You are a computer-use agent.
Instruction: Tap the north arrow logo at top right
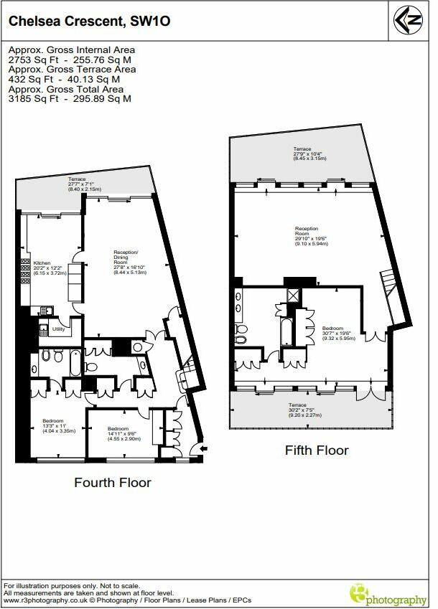409,21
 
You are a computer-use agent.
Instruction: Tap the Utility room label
59,329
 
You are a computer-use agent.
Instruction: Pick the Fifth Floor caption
317,450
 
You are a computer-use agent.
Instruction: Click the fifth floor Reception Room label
310,237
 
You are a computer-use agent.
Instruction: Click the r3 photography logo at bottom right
387,593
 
